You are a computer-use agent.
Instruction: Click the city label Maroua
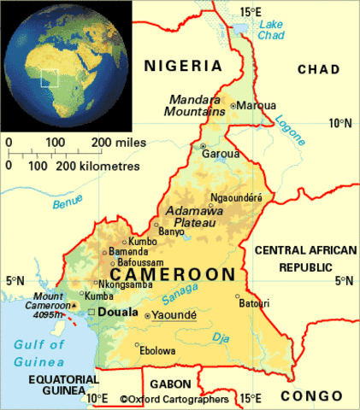point(257,105)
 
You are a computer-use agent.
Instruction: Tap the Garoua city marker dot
point(203,146)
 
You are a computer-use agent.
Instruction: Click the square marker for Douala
point(91,312)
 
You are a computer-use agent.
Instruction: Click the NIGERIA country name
point(182,65)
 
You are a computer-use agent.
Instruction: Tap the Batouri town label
point(252,303)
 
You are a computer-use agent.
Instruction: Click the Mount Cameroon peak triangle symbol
point(74,304)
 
